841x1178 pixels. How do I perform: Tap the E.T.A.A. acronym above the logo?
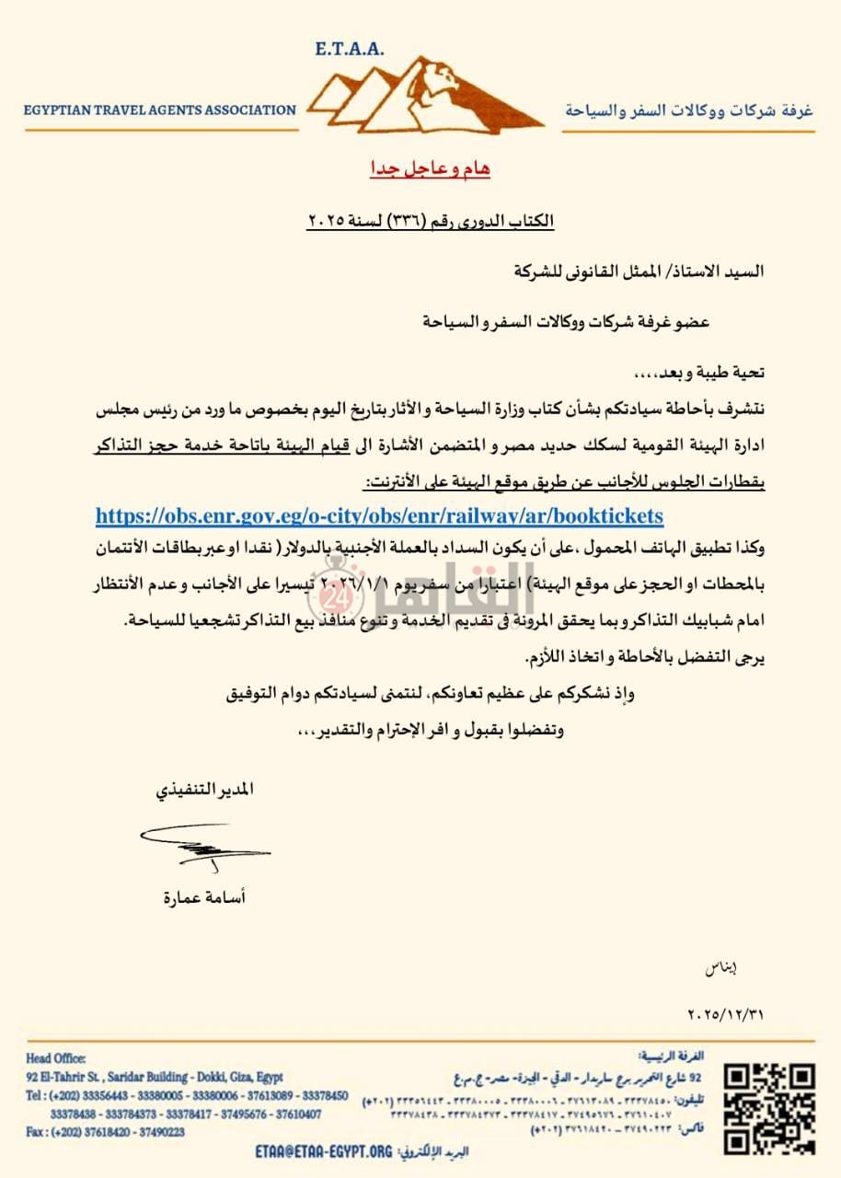tap(349, 49)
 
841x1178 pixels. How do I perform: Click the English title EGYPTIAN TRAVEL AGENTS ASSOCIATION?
tap(160, 110)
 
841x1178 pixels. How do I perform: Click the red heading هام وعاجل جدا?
tap(424, 169)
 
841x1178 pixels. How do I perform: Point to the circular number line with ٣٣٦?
tap(431, 222)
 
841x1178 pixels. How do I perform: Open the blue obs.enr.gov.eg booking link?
tap(379, 515)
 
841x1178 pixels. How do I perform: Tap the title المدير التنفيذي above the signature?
tap(203, 791)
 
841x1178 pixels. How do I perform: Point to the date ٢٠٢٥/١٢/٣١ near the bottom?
tap(725, 1015)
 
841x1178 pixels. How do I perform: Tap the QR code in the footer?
tap(768, 1107)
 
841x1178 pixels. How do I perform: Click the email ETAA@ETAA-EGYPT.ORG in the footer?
tap(324, 1151)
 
